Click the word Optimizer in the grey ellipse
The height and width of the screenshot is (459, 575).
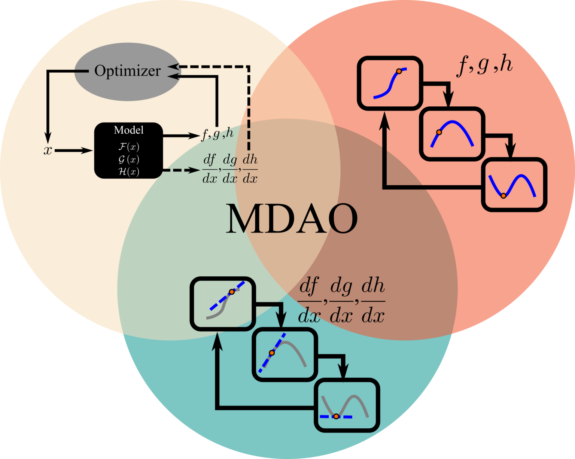pos(127,71)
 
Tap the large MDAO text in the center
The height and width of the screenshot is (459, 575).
pos(292,219)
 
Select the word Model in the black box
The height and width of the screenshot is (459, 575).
pos(128,130)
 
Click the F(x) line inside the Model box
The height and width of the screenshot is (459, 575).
pos(129,146)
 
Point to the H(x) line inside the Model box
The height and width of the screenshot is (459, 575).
pos(129,172)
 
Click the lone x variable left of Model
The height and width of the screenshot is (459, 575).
pos(48,151)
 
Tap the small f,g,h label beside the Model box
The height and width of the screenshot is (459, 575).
pos(217,134)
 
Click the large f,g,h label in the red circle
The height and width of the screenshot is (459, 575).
pos(484,65)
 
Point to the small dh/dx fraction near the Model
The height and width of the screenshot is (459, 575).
pos(250,169)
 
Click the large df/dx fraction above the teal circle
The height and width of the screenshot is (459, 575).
pos(310,301)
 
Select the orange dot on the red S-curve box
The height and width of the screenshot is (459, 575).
pos(399,71)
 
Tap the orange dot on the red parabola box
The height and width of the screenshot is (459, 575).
pos(439,132)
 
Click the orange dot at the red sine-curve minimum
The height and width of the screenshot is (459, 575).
pos(503,195)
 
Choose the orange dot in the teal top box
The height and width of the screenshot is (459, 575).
pos(232,291)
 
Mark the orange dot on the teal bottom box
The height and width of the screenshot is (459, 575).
pos(336,416)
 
